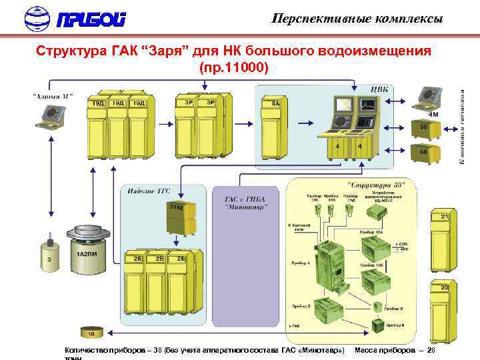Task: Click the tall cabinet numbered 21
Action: tap(443, 243)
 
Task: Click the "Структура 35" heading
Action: tap(371, 184)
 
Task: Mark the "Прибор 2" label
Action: tap(301, 306)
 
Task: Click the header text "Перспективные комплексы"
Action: tap(357, 19)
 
